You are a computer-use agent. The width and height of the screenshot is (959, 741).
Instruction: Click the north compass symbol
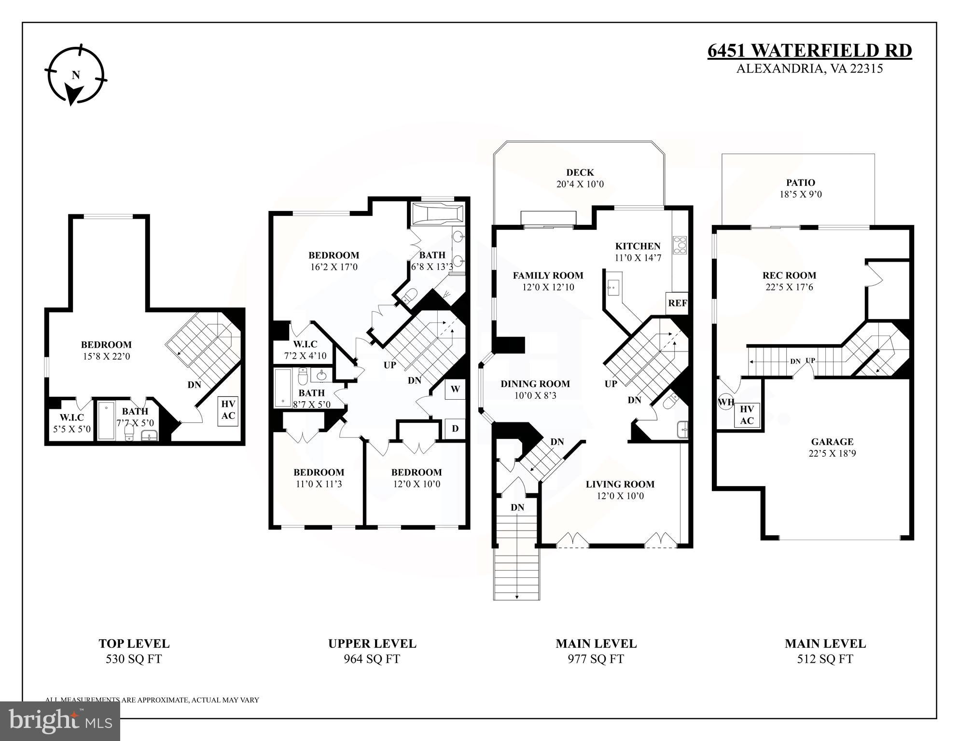point(76,75)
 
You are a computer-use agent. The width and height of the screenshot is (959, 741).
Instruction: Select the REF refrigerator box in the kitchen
point(677,304)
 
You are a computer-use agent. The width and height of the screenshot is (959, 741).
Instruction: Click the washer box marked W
point(455,389)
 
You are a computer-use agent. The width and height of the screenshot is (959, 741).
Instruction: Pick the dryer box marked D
point(455,428)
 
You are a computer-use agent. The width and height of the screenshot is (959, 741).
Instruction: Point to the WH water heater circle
point(725,402)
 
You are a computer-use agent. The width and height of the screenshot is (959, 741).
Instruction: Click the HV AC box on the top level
point(228,410)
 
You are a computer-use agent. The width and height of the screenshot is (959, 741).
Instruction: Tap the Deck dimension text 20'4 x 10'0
point(580,184)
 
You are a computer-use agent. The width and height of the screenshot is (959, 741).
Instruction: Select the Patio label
point(800,182)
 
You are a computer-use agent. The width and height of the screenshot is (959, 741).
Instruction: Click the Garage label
point(832,441)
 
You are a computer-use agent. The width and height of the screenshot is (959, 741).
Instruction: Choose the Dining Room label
point(535,384)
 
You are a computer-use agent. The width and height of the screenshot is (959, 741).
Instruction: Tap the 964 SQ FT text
point(372,659)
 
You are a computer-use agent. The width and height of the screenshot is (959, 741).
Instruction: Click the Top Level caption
point(134,643)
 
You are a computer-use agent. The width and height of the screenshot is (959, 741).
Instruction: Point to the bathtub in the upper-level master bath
point(437,214)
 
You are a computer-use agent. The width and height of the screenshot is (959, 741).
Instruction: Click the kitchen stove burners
point(680,245)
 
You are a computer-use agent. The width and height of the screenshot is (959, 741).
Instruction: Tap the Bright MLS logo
point(60,720)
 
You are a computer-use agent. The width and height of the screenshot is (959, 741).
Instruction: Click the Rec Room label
point(789,275)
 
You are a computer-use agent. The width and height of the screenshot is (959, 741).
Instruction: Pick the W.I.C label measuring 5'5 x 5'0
point(71,417)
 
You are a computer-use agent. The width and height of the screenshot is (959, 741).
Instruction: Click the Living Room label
point(620,484)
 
